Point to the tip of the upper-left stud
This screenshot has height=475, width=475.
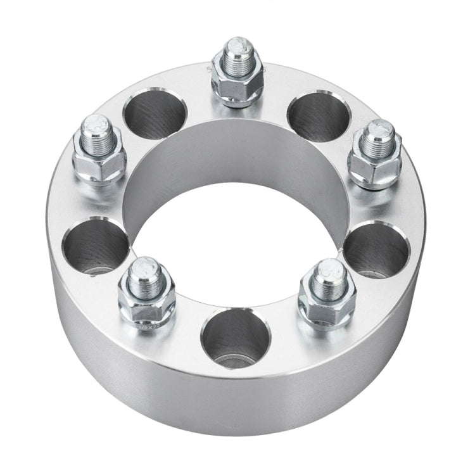pyautogui.click(x=96, y=123)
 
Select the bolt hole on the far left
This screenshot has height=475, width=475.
pyautogui.click(x=96, y=246)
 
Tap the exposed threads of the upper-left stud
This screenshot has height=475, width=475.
pyautogui.click(x=97, y=137)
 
